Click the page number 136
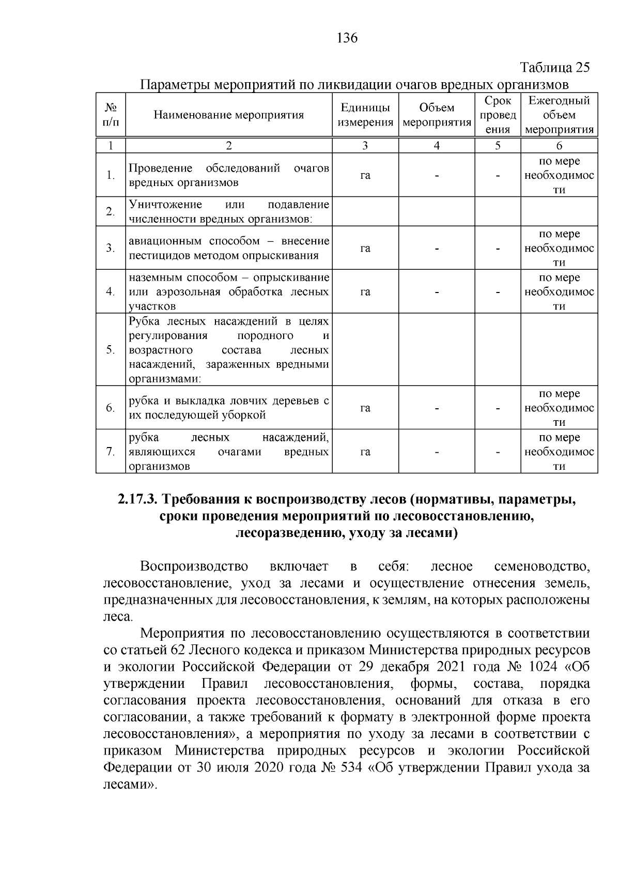coord(347,38)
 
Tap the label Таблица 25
coord(554,68)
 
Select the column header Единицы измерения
coord(365,115)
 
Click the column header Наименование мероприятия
coord(228,115)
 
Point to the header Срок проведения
coord(498,115)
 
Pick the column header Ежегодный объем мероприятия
coord(559,115)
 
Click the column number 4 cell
coord(436,146)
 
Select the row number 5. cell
coord(110,349)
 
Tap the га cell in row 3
coord(365,248)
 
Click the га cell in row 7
coord(365,452)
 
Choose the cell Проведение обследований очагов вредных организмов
coord(228,175)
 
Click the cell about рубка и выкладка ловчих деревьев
coord(228,408)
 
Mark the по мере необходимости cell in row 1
coord(559,175)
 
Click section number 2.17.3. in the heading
coord(137,500)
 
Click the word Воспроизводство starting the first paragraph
coord(194,566)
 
